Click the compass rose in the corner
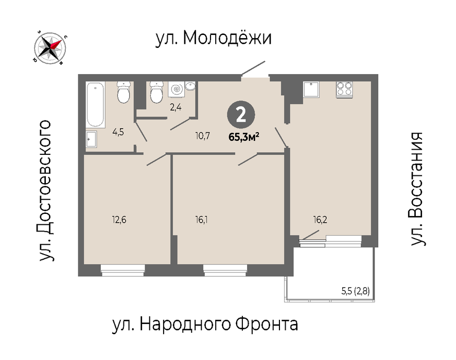[x=50, y=48]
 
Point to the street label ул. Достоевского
[x=45, y=191]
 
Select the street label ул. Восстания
[x=416, y=189]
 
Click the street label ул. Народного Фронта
[x=205, y=324]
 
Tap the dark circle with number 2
[x=241, y=115]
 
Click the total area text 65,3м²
[x=244, y=137]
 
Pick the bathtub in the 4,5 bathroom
[x=96, y=105]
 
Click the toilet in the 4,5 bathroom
[x=124, y=92]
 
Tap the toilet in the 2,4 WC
[x=157, y=92]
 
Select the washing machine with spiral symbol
[x=176, y=89]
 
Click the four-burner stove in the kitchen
[x=344, y=89]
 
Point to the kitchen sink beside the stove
[x=311, y=89]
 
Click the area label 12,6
[x=119, y=220]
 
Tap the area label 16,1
[x=202, y=220]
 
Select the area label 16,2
[x=320, y=220]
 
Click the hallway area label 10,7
[x=203, y=136]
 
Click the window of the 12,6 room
[x=122, y=270]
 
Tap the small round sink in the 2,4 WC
[x=190, y=86]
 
